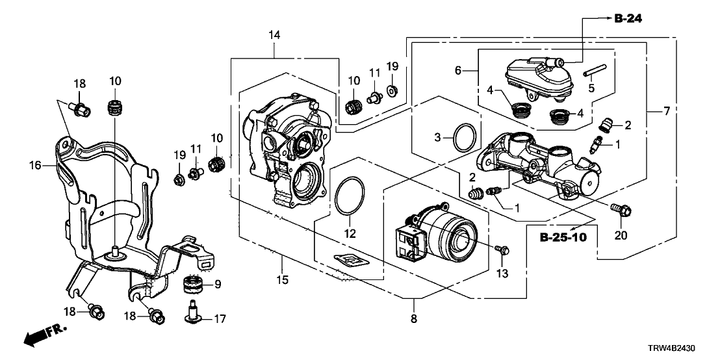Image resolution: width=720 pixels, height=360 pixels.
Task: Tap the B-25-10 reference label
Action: pyautogui.click(x=563, y=238)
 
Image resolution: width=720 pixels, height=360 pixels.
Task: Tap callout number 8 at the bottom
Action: pyautogui.click(x=413, y=319)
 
